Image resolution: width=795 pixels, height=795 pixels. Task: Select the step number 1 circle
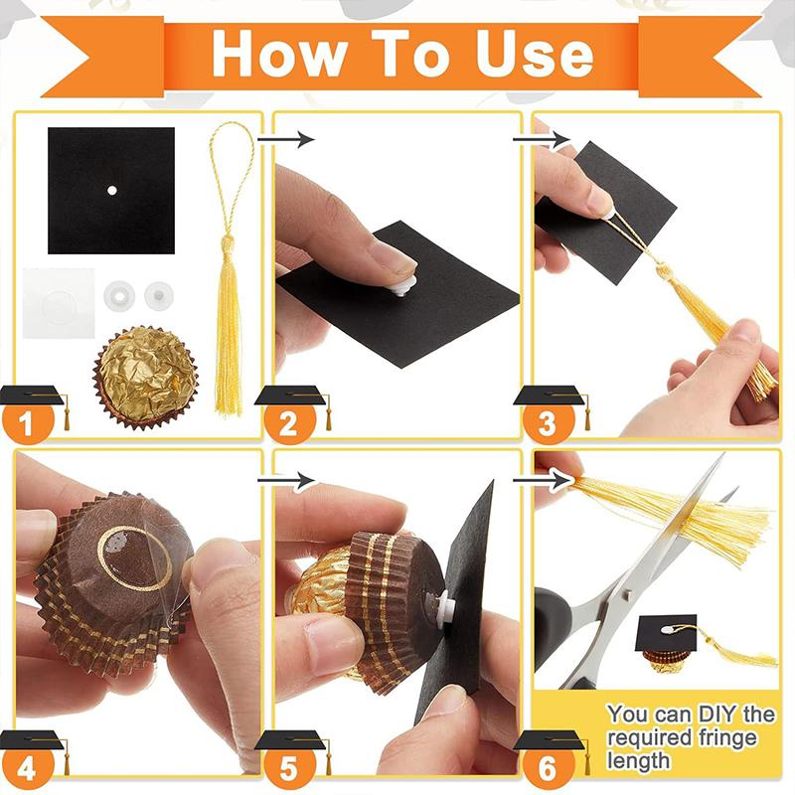[x=27, y=421]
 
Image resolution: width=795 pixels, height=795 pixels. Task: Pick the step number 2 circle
[x=288, y=421]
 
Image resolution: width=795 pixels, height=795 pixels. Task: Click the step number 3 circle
[x=549, y=421]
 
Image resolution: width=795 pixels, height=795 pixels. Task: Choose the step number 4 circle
[x=27, y=767]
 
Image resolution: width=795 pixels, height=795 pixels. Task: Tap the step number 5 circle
[x=288, y=767]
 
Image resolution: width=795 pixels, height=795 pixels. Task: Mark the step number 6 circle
[x=549, y=767]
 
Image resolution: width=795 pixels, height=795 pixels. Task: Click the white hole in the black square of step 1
[x=112, y=191]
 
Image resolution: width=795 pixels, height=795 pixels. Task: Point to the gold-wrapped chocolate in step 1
[x=145, y=378]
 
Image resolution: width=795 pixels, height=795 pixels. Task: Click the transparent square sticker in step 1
[x=59, y=303]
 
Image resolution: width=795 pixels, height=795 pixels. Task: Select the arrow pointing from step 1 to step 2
[x=286, y=138]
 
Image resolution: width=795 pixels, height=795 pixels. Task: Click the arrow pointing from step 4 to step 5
[x=286, y=480]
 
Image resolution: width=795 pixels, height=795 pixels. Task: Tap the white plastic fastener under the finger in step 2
[x=405, y=286]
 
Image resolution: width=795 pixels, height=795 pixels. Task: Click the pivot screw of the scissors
[x=628, y=592]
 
